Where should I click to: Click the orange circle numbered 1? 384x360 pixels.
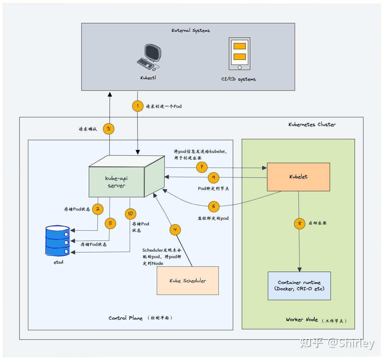138,106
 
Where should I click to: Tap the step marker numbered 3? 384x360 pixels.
109,129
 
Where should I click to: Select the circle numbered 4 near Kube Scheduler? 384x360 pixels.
175,230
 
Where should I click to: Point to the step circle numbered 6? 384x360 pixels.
214,206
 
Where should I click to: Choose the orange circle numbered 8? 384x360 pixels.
299,223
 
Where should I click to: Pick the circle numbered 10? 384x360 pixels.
130,213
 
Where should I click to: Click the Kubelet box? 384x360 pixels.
298,177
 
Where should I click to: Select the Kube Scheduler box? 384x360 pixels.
188,281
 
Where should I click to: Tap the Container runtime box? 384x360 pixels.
299,286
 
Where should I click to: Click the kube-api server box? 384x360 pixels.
116,182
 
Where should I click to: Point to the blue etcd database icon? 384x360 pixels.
58,241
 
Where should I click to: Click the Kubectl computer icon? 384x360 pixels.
149,57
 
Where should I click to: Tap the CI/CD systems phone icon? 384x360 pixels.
239,54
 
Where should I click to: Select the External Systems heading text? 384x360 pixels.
191,30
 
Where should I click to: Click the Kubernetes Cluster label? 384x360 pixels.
312,124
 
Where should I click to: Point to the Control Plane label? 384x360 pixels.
125,318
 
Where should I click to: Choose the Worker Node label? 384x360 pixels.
302,320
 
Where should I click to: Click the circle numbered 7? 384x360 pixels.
202,167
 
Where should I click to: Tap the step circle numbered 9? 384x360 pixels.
214,177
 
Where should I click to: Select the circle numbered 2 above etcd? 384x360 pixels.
98,209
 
